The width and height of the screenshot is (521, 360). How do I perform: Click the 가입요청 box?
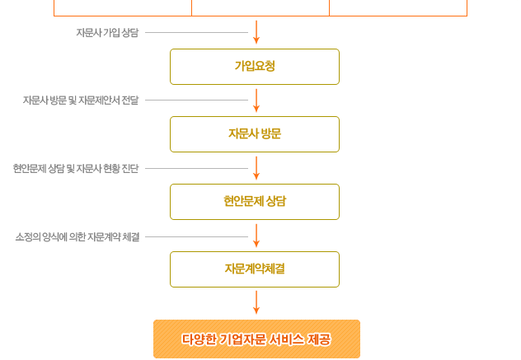click(x=255, y=67)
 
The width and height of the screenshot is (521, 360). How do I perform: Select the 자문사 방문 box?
click(x=255, y=134)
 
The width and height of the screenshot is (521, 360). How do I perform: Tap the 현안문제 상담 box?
click(x=255, y=202)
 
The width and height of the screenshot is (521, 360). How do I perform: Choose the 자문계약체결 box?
click(x=255, y=269)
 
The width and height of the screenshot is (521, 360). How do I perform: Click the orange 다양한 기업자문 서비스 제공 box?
click(x=256, y=339)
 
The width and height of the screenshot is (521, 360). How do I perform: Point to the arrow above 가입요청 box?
click(x=256, y=33)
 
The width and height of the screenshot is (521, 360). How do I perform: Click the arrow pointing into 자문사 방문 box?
click(x=256, y=101)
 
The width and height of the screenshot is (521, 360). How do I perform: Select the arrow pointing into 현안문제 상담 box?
click(x=256, y=168)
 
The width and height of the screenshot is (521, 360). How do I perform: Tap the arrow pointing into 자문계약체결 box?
click(x=256, y=236)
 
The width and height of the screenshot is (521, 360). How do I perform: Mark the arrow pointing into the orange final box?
click(x=256, y=302)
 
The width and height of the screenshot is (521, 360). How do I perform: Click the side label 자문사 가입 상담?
click(x=107, y=33)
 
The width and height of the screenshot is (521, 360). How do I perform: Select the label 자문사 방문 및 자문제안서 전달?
click(x=81, y=101)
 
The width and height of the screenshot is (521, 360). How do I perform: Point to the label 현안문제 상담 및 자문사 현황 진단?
click(x=76, y=169)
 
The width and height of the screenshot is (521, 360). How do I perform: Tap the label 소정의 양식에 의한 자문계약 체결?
click(x=77, y=237)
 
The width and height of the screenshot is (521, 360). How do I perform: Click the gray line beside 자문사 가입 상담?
click(x=196, y=33)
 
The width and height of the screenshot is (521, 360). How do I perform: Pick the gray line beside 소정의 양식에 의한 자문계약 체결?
click(x=196, y=237)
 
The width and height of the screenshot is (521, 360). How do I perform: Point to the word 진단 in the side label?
click(x=130, y=169)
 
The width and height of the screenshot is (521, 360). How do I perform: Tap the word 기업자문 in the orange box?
click(x=243, y=339)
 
